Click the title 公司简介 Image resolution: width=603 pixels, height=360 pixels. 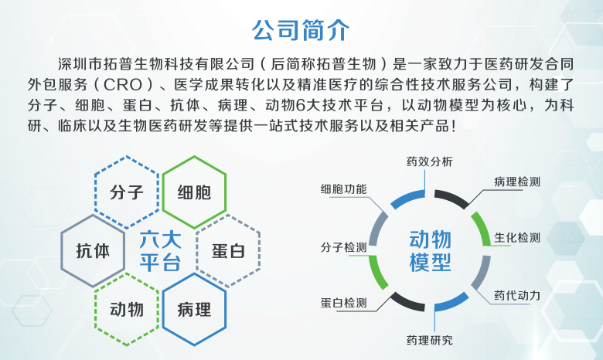301,30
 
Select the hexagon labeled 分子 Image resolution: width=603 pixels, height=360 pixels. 128,192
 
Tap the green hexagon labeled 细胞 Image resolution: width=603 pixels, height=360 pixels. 194,192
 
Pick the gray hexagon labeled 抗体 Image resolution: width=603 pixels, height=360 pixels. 93,250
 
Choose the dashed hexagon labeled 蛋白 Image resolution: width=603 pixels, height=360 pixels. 228,250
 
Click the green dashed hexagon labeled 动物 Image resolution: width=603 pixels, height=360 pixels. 127,309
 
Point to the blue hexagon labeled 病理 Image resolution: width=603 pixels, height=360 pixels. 194,310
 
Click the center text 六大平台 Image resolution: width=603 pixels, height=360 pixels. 160,250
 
